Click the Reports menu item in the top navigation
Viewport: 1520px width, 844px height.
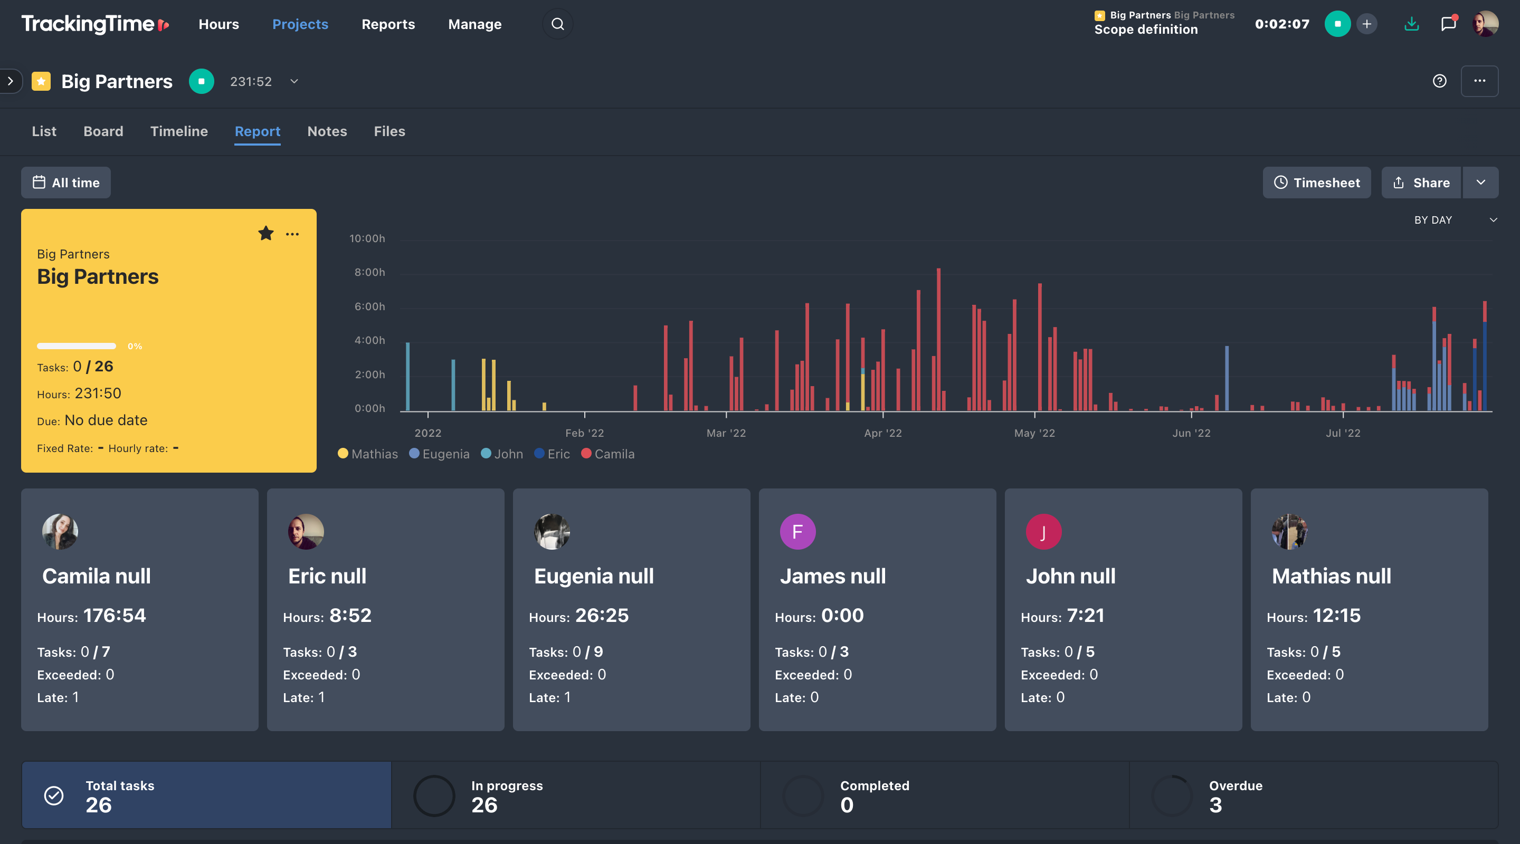pos(388,24)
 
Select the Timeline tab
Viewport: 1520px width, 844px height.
pos(179,131)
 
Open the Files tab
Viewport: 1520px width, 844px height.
pos(389,131)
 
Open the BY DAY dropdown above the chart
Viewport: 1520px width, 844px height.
pos(1455,219)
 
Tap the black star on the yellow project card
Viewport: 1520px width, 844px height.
pos(265,234)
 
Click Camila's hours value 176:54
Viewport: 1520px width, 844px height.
pos(115,615)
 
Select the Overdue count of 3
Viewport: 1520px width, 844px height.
pos(1215,804)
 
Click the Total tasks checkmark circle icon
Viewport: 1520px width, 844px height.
pos(54,795)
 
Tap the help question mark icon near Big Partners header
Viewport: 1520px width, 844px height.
pos(1439,81)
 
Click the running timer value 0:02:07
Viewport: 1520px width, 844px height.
pos(1281,24)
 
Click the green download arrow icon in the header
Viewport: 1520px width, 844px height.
pos(1411,24)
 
